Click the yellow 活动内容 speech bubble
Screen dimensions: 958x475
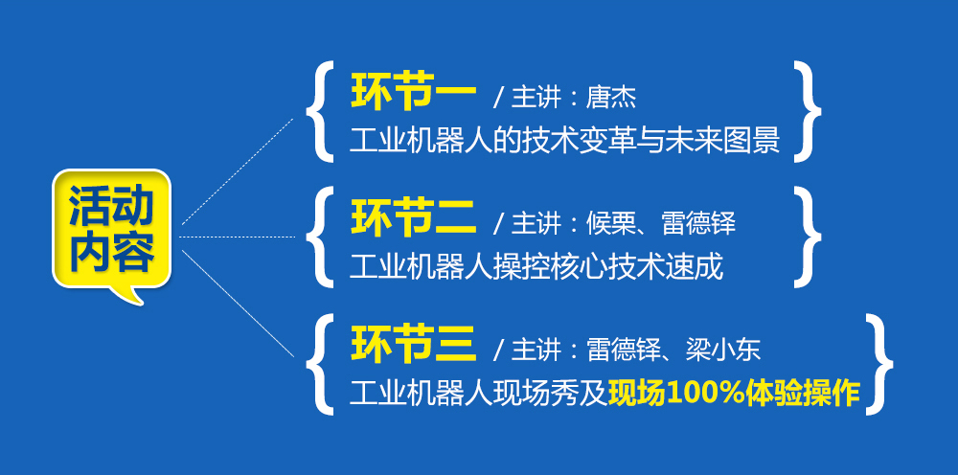point(111,232)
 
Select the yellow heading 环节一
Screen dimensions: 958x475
point(413,93)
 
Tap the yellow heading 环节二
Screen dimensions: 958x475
point(413,218)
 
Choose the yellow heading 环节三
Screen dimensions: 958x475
point(413,345)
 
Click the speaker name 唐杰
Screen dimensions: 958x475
point(611,98)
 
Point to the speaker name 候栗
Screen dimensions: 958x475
point(611,223)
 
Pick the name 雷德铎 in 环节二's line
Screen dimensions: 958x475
point(698,223)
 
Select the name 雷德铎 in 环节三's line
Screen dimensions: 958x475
point(624,350)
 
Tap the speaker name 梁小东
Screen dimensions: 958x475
point(722,350)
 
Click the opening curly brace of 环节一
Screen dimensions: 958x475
point(320,111)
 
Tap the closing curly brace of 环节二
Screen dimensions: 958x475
point(807,237)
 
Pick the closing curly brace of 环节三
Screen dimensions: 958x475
point(879,365)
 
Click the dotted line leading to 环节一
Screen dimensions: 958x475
point(238,171)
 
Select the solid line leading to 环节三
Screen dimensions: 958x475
point(239,304)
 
